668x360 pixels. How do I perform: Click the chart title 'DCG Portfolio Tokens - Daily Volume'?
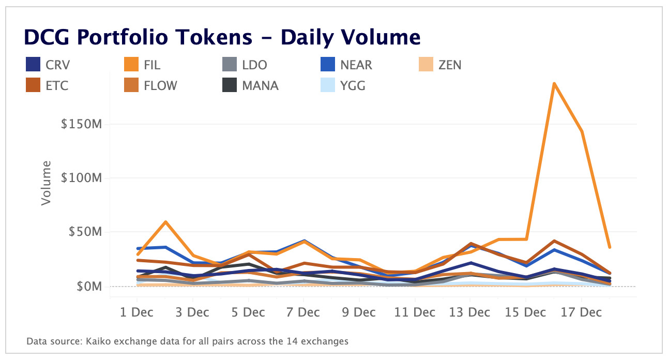[x=222, y=37]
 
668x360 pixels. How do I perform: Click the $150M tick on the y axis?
[x=85, y=125]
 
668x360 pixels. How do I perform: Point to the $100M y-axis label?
[x=85, y=178]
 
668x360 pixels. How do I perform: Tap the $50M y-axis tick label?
[x=87, y=232]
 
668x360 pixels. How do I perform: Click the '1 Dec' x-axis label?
[x=137, y=313]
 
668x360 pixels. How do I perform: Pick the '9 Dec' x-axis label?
[x=359, y=313]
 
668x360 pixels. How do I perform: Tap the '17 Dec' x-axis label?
[x=581, y=313]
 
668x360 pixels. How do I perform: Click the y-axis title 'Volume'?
[x=47, y=183]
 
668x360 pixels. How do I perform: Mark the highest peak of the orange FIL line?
[x=554, y=83]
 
